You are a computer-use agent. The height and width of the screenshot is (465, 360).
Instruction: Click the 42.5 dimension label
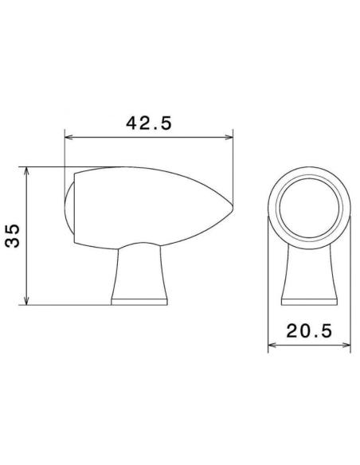pyautogui.click(x=149, y=123)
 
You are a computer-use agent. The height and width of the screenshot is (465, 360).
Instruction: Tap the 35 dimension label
pyautogui.click(x=13, y=236)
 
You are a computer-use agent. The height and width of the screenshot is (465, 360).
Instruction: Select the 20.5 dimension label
pyautogui.click(x=309, y=330)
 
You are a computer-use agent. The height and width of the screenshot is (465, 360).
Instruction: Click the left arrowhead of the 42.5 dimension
pyautogui.click(x=68, y=137)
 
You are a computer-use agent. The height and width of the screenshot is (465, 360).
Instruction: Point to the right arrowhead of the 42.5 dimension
pyautogui.click(x=229, y=137)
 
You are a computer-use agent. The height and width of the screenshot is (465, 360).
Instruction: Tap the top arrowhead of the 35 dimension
pyautogui.click(x=27, y=171)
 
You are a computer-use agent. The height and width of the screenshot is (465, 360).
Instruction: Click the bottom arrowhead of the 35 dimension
pyautogui.click(x=27, y=300)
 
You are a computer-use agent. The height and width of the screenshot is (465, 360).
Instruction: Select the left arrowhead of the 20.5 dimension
pyautogui.click(x=272, y=345)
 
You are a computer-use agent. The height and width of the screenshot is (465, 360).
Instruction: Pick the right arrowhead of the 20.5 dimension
pyautogui.click(x=346, y=345)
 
